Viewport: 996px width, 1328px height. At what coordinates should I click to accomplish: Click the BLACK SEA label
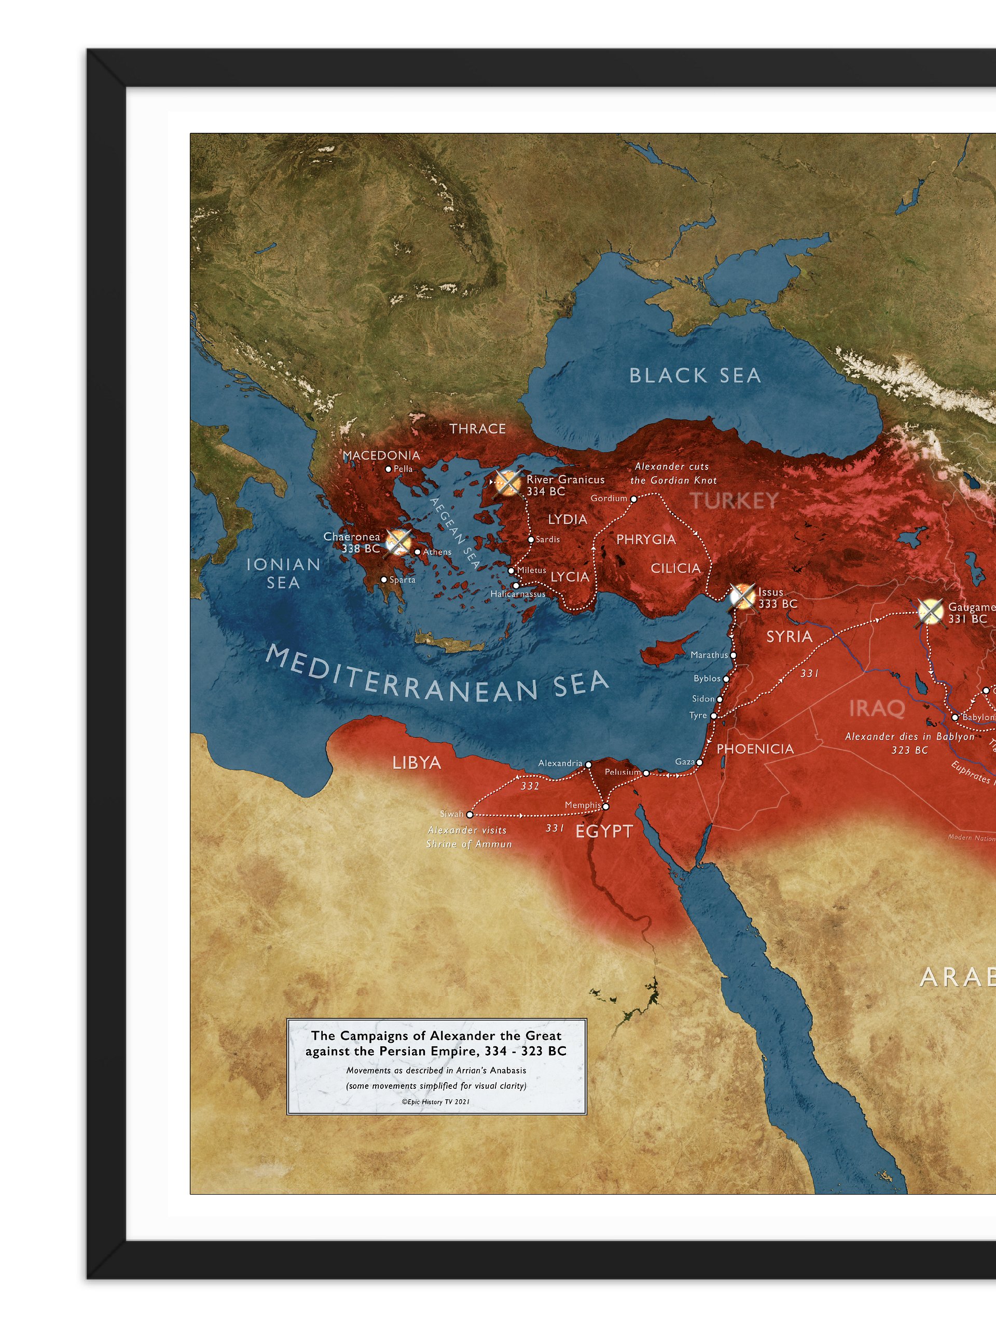point(695,376)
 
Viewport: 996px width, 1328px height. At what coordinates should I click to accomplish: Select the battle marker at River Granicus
point(508,482)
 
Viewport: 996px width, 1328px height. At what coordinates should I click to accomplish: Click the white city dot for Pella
point(389,469)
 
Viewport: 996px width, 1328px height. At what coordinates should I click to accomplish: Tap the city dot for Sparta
point(384,580)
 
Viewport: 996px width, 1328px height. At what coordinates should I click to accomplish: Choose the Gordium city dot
point(633,499)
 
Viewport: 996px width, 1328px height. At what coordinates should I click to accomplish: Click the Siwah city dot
point(469,814)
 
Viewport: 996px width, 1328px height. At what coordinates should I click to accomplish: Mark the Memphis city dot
point(606,807)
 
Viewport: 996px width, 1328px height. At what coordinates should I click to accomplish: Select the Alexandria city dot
point(588,764)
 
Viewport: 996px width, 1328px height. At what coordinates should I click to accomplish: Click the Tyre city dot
point(713,716)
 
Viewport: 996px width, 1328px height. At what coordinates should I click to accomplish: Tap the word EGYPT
point(604,832)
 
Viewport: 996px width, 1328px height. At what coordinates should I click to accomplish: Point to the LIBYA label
point(417,763)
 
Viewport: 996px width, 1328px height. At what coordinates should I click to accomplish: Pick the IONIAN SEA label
point(283,573)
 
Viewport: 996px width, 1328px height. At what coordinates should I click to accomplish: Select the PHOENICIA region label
point(755,749)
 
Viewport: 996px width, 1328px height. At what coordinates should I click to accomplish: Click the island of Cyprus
point(667,650)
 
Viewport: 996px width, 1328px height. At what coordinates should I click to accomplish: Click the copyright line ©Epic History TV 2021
point(436,1102)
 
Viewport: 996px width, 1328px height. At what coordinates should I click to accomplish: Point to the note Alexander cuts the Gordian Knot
point(673,473)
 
